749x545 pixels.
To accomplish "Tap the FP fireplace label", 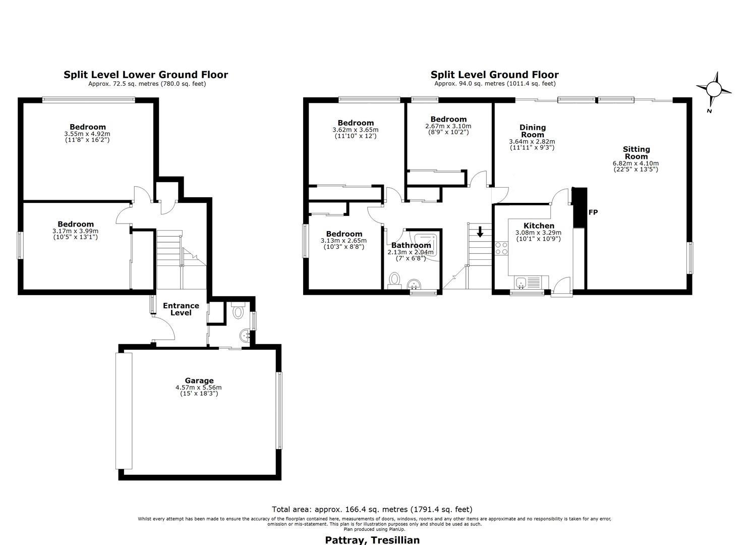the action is pos(593,212).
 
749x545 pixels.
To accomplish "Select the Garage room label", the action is pos(199,380).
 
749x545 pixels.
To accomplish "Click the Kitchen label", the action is pos(539,226).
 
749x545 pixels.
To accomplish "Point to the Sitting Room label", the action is pos(636,152).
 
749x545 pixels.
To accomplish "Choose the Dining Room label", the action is pos(532,131).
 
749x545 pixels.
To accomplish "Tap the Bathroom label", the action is pos(411,245).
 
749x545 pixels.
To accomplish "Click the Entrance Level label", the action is pos(181,309).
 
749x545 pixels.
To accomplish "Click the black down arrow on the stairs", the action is pos(480,232).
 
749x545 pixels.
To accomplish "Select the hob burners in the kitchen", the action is pos(501,248).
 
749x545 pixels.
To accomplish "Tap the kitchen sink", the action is pos(521,283).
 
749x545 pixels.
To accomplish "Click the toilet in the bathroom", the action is pos(395,280).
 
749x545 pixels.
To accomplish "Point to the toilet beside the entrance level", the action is pos(238,310).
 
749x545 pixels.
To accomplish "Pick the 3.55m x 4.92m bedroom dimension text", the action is pos(87,134).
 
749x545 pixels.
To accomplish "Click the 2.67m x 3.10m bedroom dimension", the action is pos(448,126).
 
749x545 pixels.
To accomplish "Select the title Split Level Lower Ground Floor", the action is pos(146,75).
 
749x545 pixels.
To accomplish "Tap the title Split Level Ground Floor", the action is pos(494,75).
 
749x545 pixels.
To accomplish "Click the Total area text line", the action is pos(372,509).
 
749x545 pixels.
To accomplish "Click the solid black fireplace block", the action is pos(580,207).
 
